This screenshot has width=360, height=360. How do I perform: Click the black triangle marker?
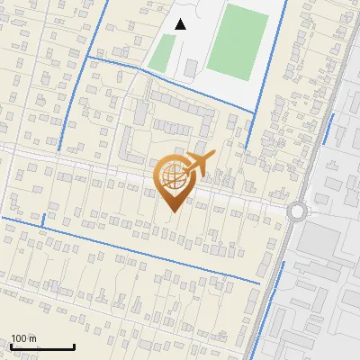click(181, 24)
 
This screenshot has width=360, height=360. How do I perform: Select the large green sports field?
click(238, 41)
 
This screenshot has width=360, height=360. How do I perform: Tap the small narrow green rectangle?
click(162, 53)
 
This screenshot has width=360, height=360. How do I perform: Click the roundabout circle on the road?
click(297, 211)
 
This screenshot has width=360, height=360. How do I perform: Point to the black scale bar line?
click(42, 346)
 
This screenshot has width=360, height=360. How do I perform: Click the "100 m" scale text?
click(24, 338)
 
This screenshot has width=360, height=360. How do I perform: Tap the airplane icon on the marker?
click(201, 164)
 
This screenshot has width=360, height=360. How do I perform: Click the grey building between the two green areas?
click(191, 67)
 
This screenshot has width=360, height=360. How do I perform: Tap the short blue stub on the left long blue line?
click(43, 220)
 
